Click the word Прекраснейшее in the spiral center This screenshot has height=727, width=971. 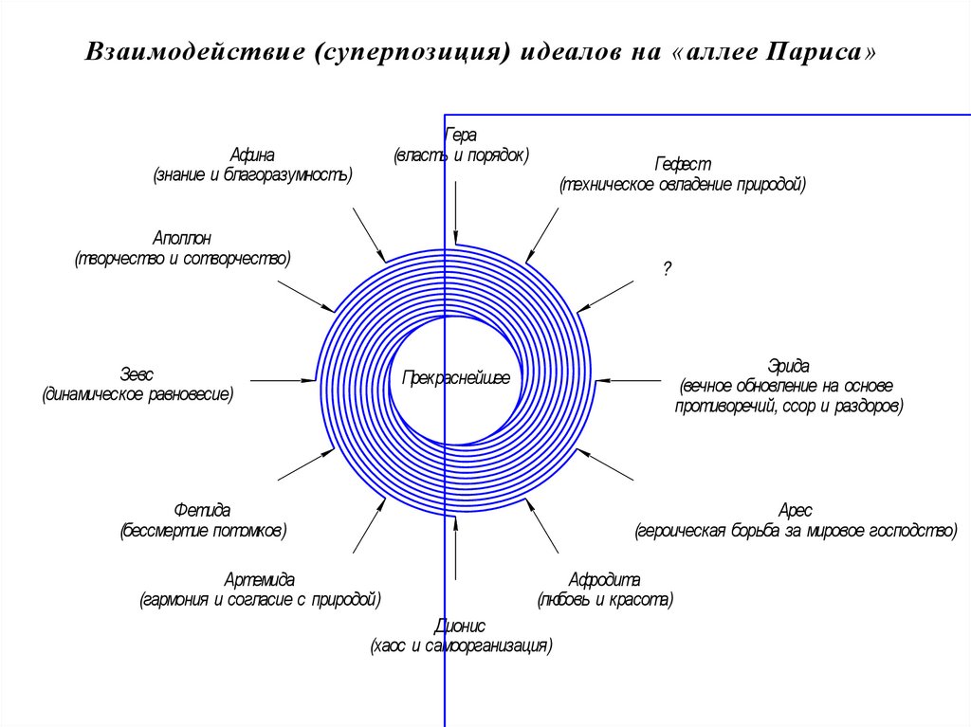(456, 378)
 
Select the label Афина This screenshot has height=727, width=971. (251, 155)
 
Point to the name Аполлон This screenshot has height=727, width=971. (183, 237)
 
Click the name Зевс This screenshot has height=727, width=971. (137, 373)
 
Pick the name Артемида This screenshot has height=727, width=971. (259, 579)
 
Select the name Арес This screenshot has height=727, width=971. (795, 510)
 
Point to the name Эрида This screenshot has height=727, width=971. (789, 366)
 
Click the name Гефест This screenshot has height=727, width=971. (682, 164)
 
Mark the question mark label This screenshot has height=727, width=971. (667, 269)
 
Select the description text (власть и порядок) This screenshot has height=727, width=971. (461, 154)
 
